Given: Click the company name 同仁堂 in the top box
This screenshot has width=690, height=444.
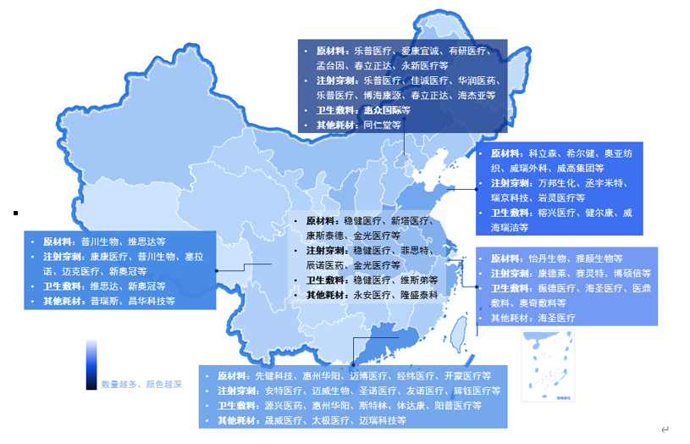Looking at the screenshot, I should (377, 125).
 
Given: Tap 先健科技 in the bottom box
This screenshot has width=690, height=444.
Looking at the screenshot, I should (275, 375).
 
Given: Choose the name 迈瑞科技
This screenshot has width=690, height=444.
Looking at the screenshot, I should (382, 420).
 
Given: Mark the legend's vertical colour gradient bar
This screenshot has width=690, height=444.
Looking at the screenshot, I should (91, 364).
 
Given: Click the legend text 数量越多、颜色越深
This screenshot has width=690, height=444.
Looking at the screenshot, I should (141, 384).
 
